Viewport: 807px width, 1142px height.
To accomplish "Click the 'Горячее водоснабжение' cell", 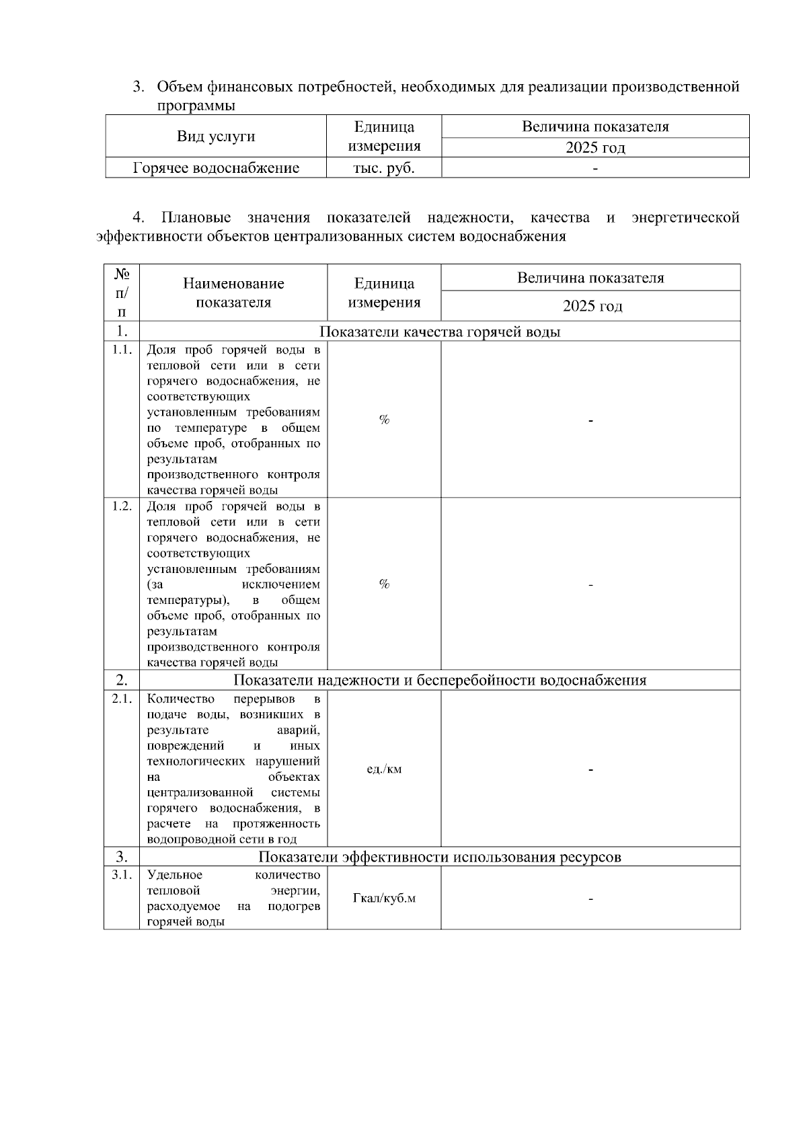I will (x=216, y=167).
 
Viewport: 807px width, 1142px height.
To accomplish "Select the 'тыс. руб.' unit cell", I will (x=383, y=167).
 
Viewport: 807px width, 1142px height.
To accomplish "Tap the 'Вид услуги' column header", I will (x=216, y=137).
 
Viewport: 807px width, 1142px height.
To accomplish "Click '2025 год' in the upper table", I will (x=595, y=147).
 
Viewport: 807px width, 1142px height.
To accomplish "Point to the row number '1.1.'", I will (x=122, y=350).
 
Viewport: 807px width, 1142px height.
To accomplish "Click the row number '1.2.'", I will (x=122, y=506).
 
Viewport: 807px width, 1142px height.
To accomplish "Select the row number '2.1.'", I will (x=122, y=699).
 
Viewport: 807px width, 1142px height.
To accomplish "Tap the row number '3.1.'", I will (x=122, y=875).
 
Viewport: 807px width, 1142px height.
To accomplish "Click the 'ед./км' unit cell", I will (x=384, y=769).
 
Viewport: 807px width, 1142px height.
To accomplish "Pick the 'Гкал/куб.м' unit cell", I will (x=384, y=899).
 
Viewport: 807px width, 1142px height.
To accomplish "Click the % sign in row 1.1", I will (x=384, y=420).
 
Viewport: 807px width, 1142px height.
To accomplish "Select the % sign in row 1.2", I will (x=384, y=584).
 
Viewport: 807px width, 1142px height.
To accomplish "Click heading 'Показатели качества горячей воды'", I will (x=439, y=332).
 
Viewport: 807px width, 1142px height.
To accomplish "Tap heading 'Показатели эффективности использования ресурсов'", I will (x=439, y=857).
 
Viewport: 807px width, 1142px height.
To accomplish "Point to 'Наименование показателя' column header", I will (x=233, y=293).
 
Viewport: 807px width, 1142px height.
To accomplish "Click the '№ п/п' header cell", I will (x=122, y=293).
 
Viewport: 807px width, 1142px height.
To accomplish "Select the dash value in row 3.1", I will (x=590, y=899).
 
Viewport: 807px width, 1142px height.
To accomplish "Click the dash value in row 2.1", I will (x=590, y=769).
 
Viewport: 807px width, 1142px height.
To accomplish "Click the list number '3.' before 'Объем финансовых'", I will (x=138, y=87).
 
